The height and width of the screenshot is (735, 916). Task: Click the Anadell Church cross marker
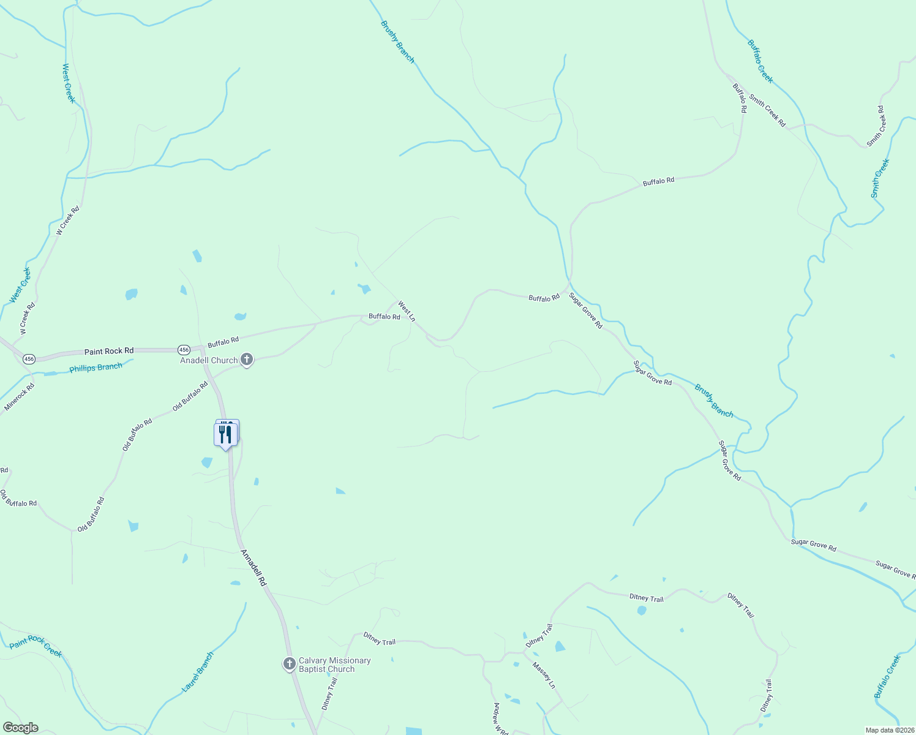tap(247, 360)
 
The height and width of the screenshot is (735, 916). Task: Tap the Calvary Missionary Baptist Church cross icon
tap(290, 664)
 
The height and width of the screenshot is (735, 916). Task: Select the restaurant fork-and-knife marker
tap(226, 434)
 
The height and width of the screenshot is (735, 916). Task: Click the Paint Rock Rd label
tap(109, 351)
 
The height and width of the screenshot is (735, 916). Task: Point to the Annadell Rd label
tap(254, 568)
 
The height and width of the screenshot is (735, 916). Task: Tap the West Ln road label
tap(407, 311)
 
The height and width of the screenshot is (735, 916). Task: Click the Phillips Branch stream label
tap(96, 367)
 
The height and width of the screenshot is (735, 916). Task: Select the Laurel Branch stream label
tap(198, 672)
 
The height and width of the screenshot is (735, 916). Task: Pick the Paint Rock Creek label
tap(36, 646)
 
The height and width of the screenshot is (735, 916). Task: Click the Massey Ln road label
tap(544, 675)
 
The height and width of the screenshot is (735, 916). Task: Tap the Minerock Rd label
tap(20, 397)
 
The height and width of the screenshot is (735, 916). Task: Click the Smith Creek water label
tap(880, 178)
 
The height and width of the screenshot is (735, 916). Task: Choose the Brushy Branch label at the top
tap(397, 42)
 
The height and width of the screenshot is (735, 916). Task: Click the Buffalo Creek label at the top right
tap(760, 61)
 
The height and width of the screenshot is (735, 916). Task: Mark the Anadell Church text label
tap(209, 360)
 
